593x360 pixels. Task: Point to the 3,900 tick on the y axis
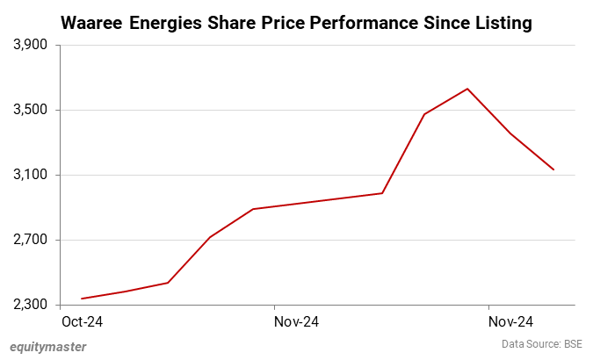click(x=32, y=45)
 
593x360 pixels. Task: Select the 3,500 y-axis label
click(x=32, y=110)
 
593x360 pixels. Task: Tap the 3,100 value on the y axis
click(x=32, y=175)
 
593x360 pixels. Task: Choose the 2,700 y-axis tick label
click(x=32, y=240)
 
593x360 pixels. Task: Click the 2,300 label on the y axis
click(x=32, y=305)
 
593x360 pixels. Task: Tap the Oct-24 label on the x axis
click(x=82, y=322)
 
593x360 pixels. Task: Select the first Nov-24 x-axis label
click(x=296, y=322)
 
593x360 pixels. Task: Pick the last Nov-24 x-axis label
click(x=510, y=322)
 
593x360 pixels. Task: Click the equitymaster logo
click(x=48, y=346)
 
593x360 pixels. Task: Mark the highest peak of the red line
click(x=467, y=89)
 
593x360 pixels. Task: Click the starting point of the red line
click(x=82, y=299)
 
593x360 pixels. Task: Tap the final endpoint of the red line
click(x=553, y=169)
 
